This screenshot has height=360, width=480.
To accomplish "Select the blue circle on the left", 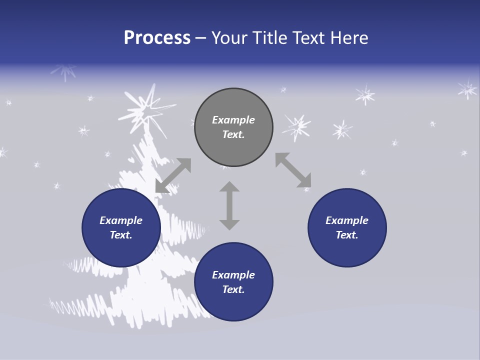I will click(x=121, y=227).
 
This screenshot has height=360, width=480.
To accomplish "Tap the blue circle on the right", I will click(x=347, y=227).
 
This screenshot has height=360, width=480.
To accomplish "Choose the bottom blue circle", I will click(x=233, y=282).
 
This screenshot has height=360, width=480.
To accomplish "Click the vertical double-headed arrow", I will click(x=229, y=205).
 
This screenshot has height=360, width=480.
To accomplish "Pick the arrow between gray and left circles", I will click(x=173, y=175).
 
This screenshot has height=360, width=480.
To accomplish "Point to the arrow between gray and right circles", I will click(x=293, y=170).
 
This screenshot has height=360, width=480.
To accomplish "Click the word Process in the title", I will click(x=157, y=38).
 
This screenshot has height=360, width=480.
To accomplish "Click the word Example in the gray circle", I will click(x=233, y=120).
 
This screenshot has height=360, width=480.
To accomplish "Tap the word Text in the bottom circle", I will click(x=232, y=289).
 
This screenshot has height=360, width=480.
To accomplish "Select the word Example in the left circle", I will click(x=121, y=220).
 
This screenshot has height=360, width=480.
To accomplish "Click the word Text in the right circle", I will click(x=346, y=235).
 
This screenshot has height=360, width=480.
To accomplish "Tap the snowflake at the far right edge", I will click(x=467, y=89).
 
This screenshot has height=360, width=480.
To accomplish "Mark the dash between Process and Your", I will click(x=201, y=38).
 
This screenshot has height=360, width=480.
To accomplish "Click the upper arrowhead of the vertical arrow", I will click(x=229, y=186).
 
